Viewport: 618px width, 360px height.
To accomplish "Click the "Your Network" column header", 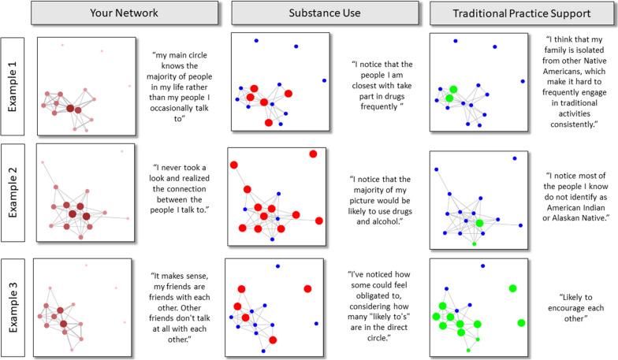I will [125, 13].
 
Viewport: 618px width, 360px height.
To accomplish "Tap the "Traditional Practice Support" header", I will [523, 13].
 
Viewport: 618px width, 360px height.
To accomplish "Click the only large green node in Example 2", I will [479, 224].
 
